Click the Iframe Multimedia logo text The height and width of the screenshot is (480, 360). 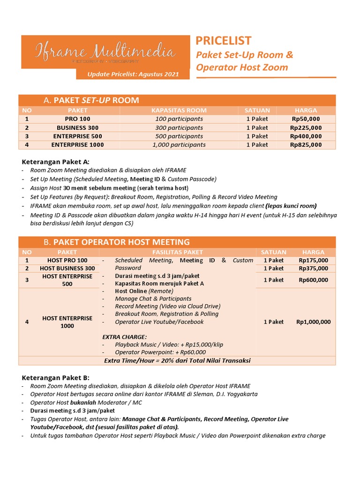click(105, 52)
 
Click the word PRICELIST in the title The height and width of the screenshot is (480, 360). click(223, 41)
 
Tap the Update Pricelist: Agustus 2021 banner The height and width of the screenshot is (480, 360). click(133, 75)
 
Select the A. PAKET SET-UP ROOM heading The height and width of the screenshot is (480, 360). click(91, 100)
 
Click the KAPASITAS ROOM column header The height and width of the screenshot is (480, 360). click(179, 110)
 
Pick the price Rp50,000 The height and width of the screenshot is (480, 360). click(306, 119)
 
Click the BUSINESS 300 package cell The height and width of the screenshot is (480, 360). click(77, 127)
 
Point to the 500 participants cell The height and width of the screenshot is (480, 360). click(179, 136)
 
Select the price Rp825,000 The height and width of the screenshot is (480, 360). click(306, 145)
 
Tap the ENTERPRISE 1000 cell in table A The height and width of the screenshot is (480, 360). click(77, 145)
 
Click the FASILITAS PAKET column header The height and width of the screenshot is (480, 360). click(177, 252)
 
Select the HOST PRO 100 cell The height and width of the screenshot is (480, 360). click(67, 260)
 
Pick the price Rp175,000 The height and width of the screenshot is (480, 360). click(313, 260)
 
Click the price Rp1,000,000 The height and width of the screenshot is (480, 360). click(313, 322)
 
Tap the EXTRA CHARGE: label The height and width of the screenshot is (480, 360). click(124, 337)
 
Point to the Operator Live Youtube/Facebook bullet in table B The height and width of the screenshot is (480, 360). click(159, 322)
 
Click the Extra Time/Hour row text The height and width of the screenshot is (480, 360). click(177, 360)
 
